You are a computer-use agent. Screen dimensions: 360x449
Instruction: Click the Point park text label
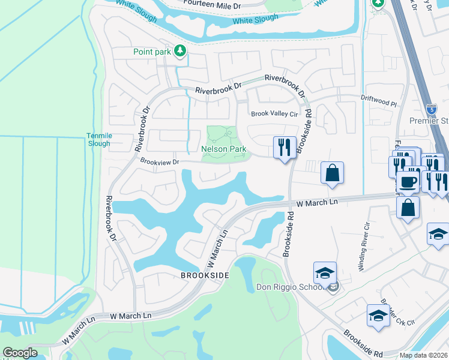152,52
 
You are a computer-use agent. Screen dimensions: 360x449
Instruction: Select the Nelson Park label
224,148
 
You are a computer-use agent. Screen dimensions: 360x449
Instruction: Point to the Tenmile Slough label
98,140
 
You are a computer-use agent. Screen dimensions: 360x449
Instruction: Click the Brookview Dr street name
160,161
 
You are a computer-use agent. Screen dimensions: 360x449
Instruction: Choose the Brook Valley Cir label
274,113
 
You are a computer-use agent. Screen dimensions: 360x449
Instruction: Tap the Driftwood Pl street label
379,103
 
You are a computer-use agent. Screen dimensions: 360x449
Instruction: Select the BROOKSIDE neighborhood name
205,275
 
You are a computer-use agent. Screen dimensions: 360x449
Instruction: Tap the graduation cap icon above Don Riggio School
325,273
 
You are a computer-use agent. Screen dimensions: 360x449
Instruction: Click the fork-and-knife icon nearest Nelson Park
285,146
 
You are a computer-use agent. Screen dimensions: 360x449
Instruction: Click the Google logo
20,353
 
